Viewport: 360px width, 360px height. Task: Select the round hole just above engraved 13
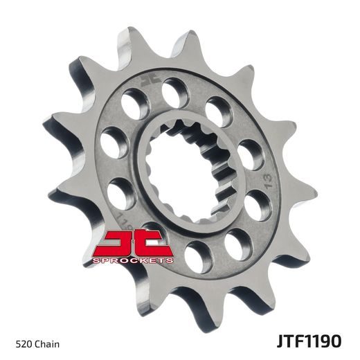pos(251,155)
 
